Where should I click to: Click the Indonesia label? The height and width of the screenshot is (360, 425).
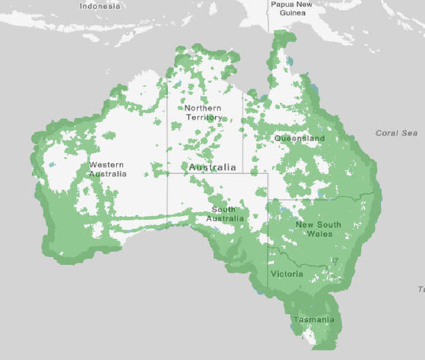click(x=100, y=6)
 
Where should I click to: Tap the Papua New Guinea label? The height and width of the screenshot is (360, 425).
click(x=291, y=8)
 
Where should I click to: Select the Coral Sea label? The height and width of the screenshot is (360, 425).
click(x=396, y=132)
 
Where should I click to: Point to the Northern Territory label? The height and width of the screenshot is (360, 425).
click(x=203, y=113)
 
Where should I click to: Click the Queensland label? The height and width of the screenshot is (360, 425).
click(x=299, y=138)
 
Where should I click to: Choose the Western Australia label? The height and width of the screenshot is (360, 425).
click(x=108, y=169)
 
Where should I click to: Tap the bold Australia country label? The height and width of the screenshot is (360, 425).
click(x=212, y=167)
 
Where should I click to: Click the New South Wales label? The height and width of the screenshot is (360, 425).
click(x=318, y=229)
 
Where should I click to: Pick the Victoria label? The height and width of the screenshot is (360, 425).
click(x=287, y=274)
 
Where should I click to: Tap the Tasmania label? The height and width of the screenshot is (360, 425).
click(x=314, y=319)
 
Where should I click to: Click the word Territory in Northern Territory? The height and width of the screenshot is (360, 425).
click(x=203, y=117)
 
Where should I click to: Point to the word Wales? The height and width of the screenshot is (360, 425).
click(x=319, y=234)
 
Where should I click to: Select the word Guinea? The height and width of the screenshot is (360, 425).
click(x=293, y=13)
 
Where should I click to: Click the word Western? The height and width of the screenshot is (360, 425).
click(x=107, y=164)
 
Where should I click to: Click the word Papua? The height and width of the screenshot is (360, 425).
click(x=282, y=4)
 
